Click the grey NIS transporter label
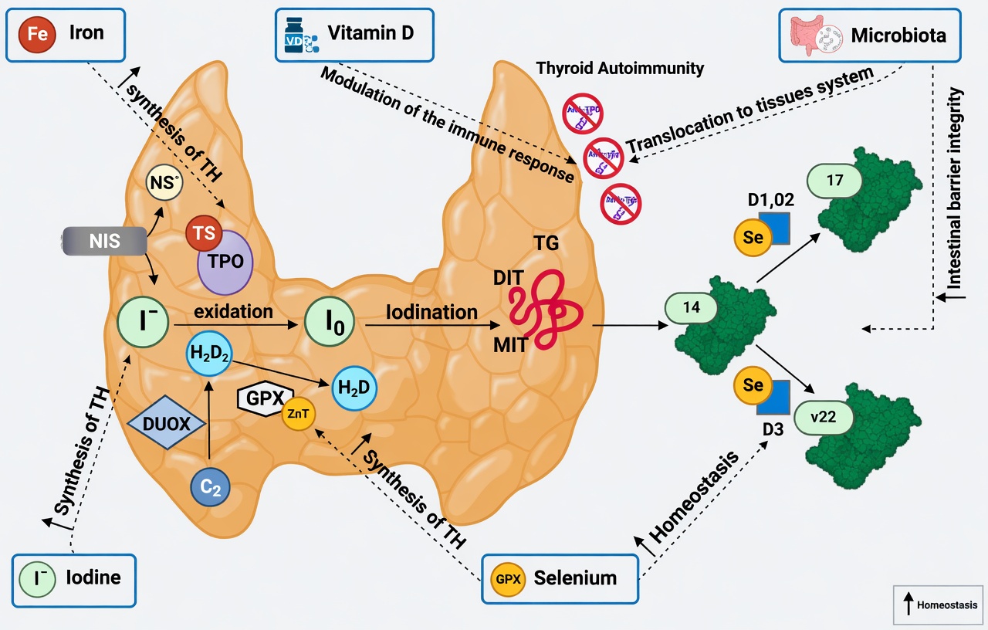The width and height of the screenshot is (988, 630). [104, 241]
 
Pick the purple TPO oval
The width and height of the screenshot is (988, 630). [225, 262]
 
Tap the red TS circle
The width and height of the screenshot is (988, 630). [204, 232]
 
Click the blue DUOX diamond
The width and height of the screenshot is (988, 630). [167, 423]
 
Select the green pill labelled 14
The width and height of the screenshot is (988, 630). [692, 307]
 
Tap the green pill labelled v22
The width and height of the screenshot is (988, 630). [825, 418]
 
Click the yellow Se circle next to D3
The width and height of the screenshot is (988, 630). [753, 385]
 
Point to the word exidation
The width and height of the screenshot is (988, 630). [233, 312]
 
